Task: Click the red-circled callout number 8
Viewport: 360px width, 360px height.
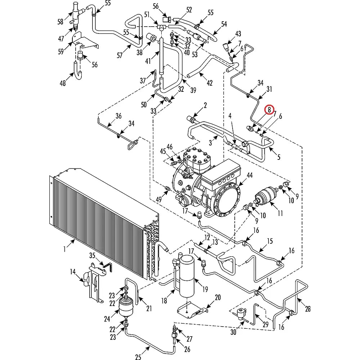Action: pos(269,109)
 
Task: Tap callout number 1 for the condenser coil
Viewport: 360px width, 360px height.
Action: pos(65,249)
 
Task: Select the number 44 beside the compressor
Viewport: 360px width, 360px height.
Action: pos(250,175)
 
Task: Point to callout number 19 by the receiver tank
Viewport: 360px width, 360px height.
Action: pos(205,289)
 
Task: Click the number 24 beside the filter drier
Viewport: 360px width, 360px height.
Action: pos(107,319)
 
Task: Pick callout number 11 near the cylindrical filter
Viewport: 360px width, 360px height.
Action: pos(280,213)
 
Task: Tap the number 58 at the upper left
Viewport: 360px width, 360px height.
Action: pos(60,22)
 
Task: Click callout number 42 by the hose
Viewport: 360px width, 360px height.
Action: pos(210,83)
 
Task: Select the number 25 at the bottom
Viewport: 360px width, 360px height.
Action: pos(138,356)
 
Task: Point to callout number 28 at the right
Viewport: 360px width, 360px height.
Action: pos(308,309)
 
